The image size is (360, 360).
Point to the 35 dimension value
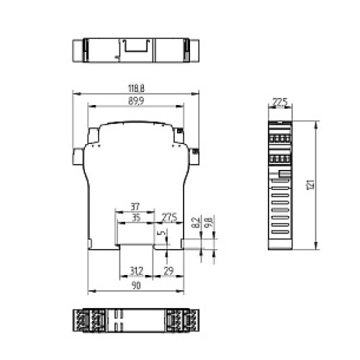(135, 218)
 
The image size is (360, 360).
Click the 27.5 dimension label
(170, 218)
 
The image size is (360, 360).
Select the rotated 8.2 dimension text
(195, 222)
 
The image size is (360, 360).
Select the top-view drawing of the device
(134, 53)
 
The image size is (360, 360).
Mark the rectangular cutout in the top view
(135, 48)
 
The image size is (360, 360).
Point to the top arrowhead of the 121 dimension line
(317, 122)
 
